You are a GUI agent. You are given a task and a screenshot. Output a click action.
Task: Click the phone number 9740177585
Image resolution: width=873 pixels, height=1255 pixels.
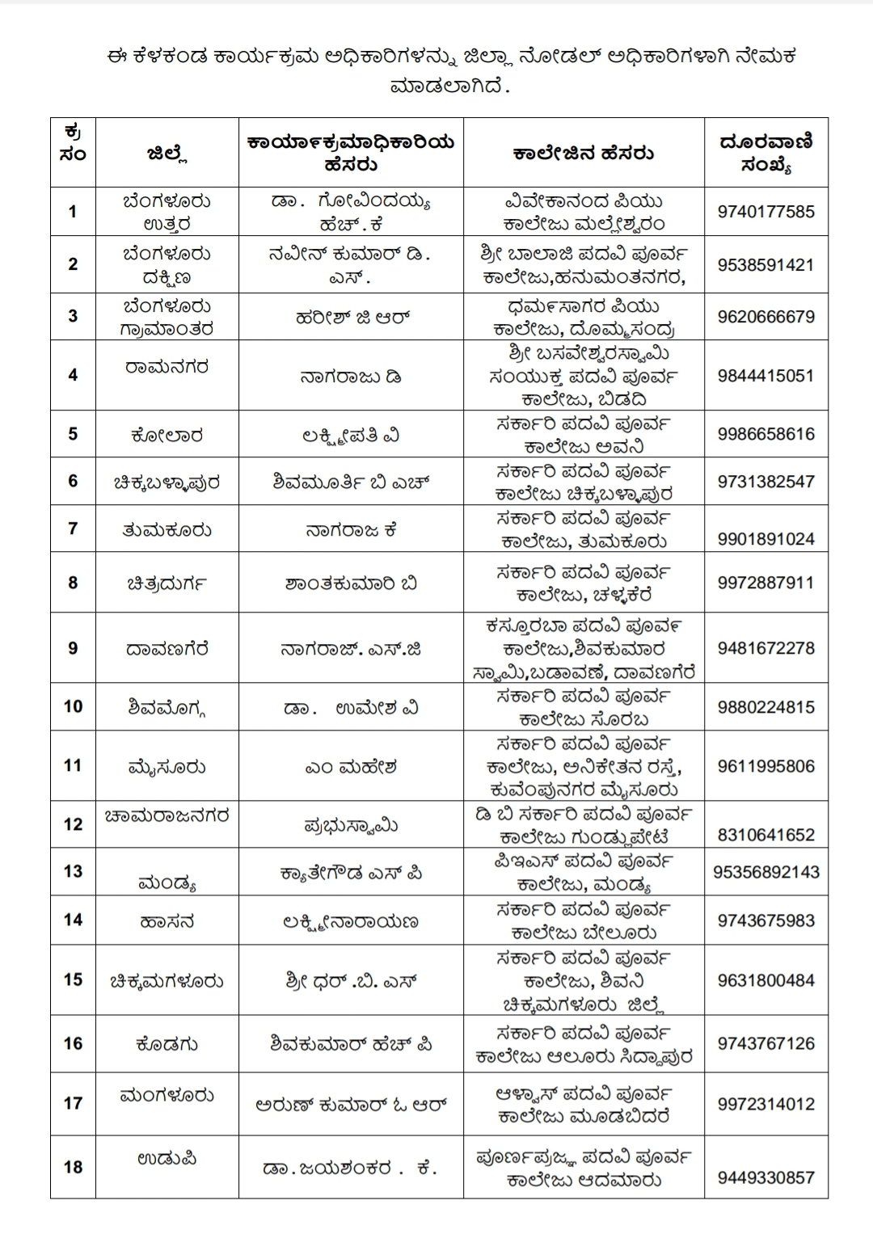pos(765,213)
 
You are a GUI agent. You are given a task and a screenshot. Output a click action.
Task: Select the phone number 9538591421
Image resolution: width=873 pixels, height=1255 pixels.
pos(765,265)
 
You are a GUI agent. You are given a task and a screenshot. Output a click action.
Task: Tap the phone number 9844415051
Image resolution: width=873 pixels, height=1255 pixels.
pos(765,376)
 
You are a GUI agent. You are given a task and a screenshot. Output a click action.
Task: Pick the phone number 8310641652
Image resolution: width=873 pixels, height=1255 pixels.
pos(765,835)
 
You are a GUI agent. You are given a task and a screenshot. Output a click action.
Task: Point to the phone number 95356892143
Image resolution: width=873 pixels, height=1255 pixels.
pos(766,872)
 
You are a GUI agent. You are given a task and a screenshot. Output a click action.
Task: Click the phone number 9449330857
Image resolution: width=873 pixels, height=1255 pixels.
pos(765,1177)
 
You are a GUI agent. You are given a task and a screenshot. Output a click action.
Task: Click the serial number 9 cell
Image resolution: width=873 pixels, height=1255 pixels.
pos(73,648)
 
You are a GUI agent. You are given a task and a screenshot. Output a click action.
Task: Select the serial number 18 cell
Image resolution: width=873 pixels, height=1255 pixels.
pos(73,1167)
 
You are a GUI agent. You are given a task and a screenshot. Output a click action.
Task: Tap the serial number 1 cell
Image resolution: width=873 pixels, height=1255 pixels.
pos(73,212)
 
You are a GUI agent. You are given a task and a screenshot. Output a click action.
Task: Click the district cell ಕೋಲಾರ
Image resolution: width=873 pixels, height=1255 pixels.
pos(167,436)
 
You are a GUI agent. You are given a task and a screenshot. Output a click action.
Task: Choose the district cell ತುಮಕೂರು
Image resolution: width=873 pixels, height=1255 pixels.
pos(167,530)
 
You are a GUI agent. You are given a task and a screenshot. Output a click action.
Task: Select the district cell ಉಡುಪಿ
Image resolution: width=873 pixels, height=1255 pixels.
pos(167,1158)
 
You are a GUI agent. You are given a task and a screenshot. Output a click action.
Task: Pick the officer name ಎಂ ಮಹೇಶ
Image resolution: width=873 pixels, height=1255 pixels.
pos(351,766)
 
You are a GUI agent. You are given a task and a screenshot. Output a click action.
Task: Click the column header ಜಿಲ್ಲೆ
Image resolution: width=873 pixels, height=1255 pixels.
pos(167,154)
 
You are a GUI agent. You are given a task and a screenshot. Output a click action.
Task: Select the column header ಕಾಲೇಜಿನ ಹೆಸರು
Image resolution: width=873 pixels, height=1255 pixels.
pos(584,154)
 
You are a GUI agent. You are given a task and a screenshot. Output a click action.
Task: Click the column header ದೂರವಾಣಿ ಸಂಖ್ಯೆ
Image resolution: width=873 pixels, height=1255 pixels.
pos(765,153)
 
